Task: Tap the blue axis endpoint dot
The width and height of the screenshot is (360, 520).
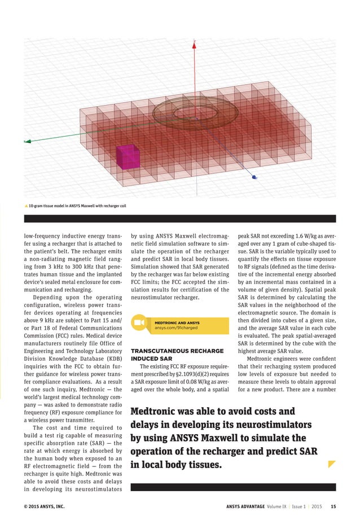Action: (x=254, y=177)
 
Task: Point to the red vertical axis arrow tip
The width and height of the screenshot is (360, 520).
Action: (x=194, y=41)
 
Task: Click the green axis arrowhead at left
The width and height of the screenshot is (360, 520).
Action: (x=25, y=141)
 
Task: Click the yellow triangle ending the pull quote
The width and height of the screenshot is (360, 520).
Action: (x=332, y=465)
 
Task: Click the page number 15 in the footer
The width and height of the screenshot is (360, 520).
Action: (x=333, y=506)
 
